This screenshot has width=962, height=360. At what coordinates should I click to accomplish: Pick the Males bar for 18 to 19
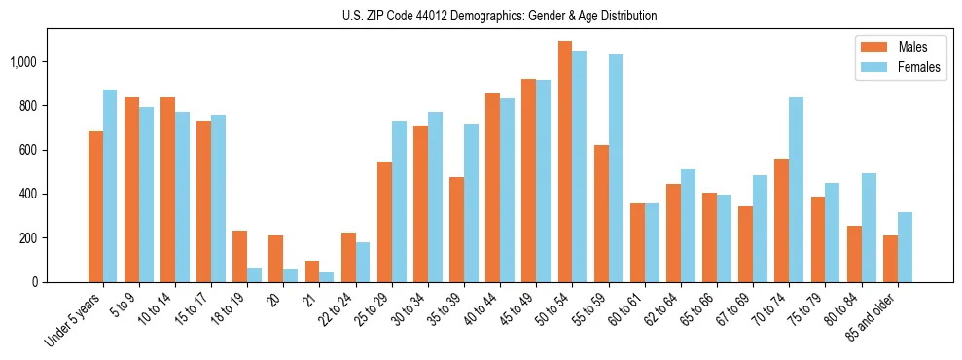(x=239, y=256)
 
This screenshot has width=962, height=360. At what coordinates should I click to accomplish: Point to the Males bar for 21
(x=312, y=271)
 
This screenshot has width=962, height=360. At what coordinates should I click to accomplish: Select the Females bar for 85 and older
(x=905, y=247)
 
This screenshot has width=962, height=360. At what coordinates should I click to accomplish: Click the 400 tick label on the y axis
(x=30, y=195)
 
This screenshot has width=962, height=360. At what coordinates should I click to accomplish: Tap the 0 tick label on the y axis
(x=36, y=282)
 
